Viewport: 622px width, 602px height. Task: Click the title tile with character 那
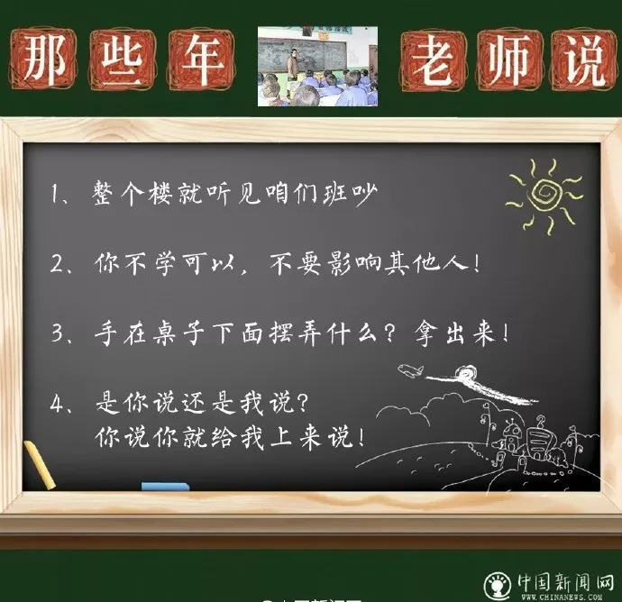[43, 59]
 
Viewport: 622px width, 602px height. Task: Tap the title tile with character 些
[123, 59]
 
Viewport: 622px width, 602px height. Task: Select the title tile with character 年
[202, 59]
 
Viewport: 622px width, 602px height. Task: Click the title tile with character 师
[509, 59]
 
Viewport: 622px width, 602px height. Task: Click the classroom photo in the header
[317, 66]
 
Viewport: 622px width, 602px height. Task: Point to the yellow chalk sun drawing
[545, 196]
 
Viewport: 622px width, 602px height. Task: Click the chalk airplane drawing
[411, 370]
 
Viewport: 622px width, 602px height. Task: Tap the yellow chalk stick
[40, 465]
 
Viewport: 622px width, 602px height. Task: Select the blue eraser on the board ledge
[166, 487]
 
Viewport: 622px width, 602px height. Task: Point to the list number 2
[57, 263]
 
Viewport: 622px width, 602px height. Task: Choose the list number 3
[58, 333]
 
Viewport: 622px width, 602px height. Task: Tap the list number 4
[57, 403]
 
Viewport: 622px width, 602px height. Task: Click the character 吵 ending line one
[365, 194]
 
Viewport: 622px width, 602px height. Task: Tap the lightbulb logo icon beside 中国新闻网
[498, 586]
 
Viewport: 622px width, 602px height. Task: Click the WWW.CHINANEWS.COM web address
[562, 597]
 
